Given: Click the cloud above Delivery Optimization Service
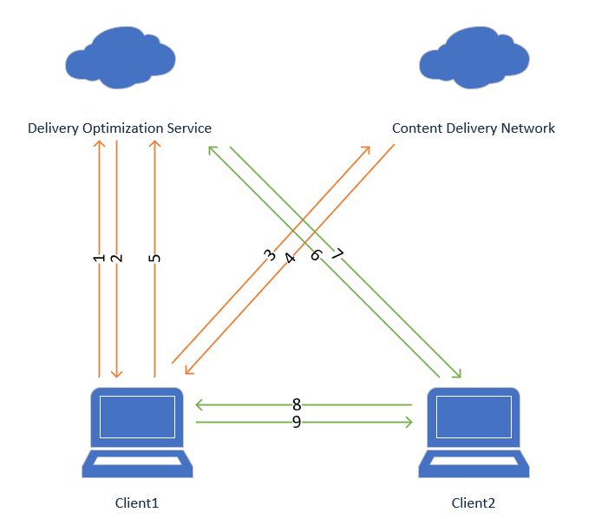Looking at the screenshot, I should (119, 58).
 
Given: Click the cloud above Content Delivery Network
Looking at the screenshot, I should (473, 58).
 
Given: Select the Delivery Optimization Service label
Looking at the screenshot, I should (120, 128).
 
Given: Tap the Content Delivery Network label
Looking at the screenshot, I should (474, 128).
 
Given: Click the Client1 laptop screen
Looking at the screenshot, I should (137, 417).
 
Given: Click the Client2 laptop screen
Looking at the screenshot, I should (473, 417).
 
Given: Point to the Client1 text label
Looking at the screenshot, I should (137, 503).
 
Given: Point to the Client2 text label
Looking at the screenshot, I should (474, 503).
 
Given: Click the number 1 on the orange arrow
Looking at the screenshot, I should (99, 258).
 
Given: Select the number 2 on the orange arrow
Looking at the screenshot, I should (117, 258).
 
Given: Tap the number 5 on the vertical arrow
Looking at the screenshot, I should (154, 258).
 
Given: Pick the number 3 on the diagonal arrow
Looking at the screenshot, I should (270, 255).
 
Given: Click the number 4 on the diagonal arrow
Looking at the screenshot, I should (290, 257).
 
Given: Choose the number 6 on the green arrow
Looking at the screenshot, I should (317, 255).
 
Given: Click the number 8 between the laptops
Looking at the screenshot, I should (297, 404).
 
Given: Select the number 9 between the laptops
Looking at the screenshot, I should (297, 422).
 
